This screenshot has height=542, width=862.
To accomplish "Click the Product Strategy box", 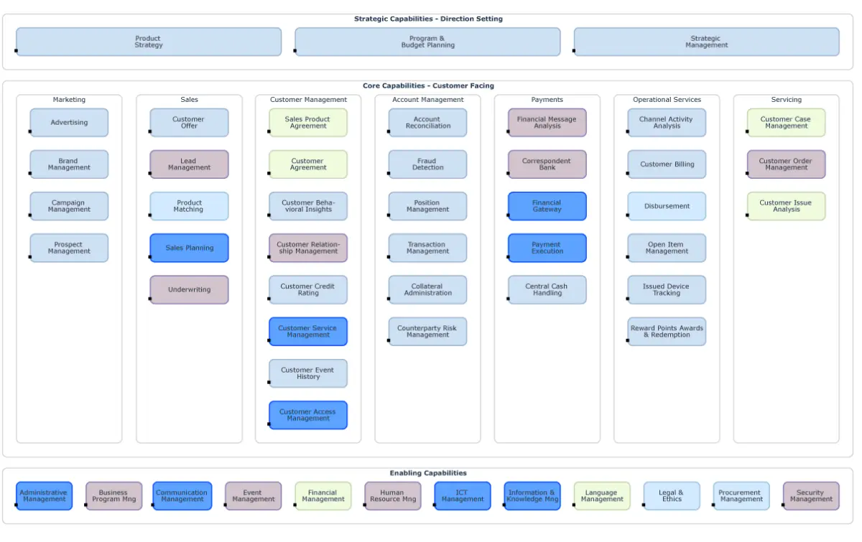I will pyautogui.click(x=149, y=42).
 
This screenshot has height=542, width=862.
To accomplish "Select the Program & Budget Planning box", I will pyautogui.click(x=427, y=42).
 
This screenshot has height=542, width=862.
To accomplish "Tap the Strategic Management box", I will pyautogui.click(x=706, y=42).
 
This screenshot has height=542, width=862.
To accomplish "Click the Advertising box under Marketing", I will pyautogui.click(x=69, y=123).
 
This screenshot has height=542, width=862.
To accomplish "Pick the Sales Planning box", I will pyautogui.click(x=190, y=248).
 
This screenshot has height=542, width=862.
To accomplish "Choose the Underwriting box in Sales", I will pyautogui.click(x=190, y=290).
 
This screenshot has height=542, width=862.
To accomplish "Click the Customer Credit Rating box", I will pyautogui.click(x=308, y=290).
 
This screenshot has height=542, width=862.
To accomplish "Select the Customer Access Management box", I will pyautogui.click(x=308, y=415).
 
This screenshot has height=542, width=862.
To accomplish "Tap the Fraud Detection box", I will pyautogui.click(x=427, y=164).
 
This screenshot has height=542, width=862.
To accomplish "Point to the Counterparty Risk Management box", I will pyautogui.click(x=427, y=332).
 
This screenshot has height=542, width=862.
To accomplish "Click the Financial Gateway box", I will pyautogui.click(x=547, y=206).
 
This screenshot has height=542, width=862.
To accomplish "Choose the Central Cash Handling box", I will pyautogui.click(x=547, y=290).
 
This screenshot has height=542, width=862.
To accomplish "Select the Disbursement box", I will pyautogui.click(x=667, y=206).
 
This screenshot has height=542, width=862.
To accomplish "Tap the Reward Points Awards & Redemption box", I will pyautogui.click(x=667, y=332).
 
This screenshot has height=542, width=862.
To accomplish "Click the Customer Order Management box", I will pyautogui.click(x=786, y=164).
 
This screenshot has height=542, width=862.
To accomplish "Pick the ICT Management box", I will pyautogui.click(x=463, y=496).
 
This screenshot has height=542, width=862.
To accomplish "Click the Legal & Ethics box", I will pyautogui.click(x=672, y=496).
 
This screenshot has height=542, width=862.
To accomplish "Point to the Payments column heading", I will pyautogui.click(x=547, y=100).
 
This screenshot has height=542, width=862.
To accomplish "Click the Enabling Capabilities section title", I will pyautogui.click(x=428, y=473).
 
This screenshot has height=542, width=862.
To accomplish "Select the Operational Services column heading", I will pyautogui.click(x=667, y=100).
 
